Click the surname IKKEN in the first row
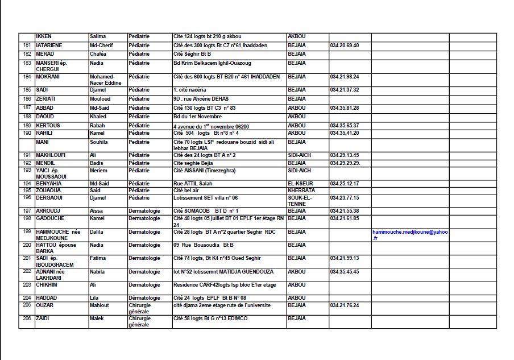(x=44, y=36)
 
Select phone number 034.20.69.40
(x=344, y=45)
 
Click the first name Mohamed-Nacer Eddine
(x=102, y=80)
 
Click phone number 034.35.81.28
(x=344, y=107)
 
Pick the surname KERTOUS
(x=48, y=126)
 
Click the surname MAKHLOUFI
(x=51, y=155)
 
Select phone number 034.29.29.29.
(x=345, y=163)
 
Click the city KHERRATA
(x=301, y=191)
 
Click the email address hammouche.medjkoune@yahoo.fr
(x=410, y=235)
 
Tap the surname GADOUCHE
(x=50, y=218)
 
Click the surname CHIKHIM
(x=47, y=285)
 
